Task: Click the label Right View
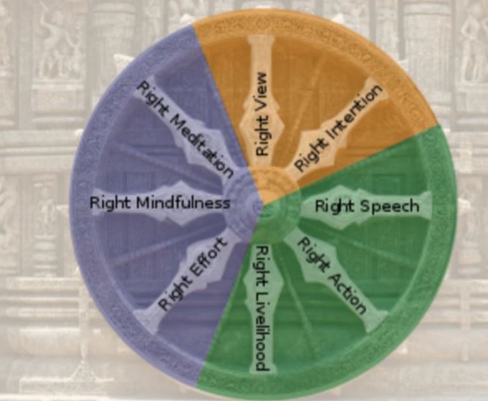[262, 114]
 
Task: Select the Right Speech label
[367, 206]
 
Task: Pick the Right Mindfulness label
[159, 203]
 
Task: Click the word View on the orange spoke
[262, 96]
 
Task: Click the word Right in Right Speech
[330, 207]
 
